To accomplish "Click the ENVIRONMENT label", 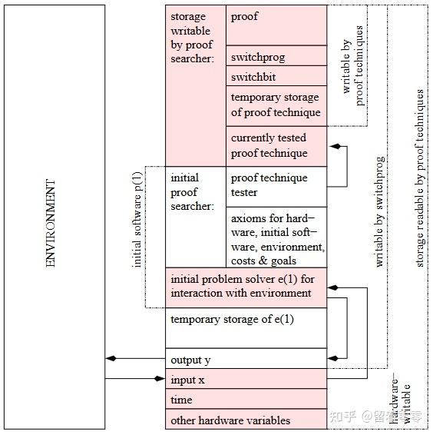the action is pos(51,223).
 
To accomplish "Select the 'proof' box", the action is pos(276,25).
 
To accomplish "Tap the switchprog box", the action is pos(276,56).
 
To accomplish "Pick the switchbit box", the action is pos(276,76).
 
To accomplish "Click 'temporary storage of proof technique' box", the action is pos(276,106).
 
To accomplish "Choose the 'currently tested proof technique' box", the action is pos(276,147).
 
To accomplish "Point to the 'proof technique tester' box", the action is pos(276,187).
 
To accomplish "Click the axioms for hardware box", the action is pos(276,237).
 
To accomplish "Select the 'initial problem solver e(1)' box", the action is pos(246,287).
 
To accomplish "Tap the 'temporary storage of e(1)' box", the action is pos(246,328).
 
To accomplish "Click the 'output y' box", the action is pos(246,358).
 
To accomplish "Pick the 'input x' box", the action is pos(246,379).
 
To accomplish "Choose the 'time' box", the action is pos(246,399).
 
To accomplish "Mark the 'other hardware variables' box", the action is pos(246,419).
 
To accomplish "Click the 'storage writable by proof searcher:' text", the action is pos(193,38).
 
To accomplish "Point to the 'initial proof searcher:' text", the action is pos(193,192).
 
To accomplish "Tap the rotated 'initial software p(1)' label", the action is pos(137,220).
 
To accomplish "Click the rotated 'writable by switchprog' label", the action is pos(379,212).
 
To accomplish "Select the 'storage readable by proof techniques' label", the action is pos(419,178).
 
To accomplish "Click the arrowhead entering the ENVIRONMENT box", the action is pos(111,358).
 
